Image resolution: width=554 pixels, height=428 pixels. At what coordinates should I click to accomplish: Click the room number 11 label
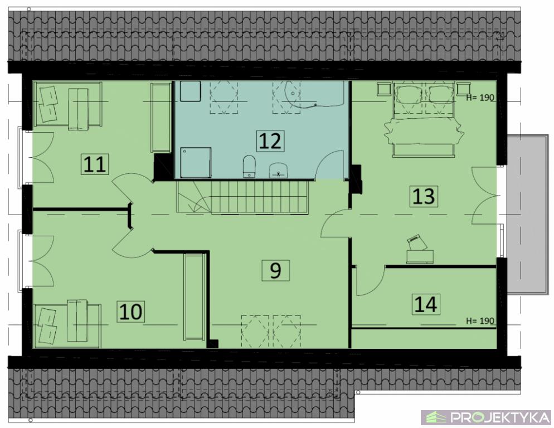click(95, 164)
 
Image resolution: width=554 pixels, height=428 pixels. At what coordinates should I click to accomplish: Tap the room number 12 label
click(270, 140)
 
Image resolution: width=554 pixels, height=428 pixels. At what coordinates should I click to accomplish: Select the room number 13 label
click(424, 196)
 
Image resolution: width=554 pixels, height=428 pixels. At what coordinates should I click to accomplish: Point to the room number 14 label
click(426, 304)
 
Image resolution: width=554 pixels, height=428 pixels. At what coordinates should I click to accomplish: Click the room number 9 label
click(275, 270)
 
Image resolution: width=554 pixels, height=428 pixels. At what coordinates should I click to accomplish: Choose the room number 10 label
click(131, 312)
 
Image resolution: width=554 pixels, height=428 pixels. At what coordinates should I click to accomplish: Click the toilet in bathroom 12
click(249, 166)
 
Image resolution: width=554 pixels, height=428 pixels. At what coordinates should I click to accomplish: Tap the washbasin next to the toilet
click(279, 171)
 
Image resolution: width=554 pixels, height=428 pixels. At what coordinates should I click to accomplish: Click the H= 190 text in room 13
click(480, 98)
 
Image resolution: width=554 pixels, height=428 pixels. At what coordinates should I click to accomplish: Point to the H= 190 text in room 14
click(480, 321)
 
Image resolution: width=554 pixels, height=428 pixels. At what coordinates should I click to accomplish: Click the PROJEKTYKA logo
click(486, 417)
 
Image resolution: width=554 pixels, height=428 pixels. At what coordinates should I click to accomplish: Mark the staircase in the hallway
click(242, 197)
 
